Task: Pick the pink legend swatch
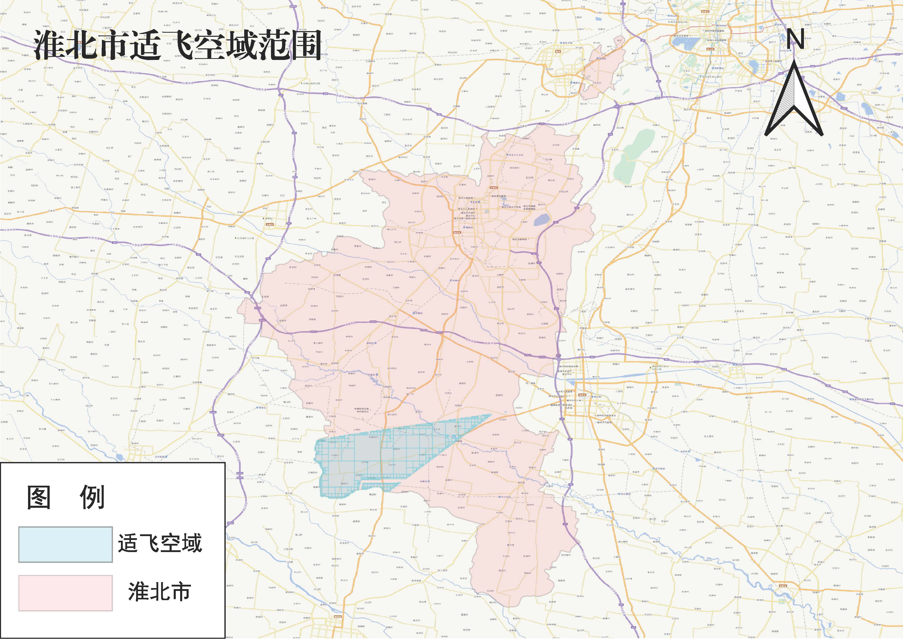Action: pyautogui.click(x=65, y=593)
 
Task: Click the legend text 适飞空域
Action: pyautogui.click(x=160, y=543)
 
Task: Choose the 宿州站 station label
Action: pyautogui.click(x=596, y=397)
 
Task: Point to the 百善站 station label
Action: pyautogui.click(x=418, y=313)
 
